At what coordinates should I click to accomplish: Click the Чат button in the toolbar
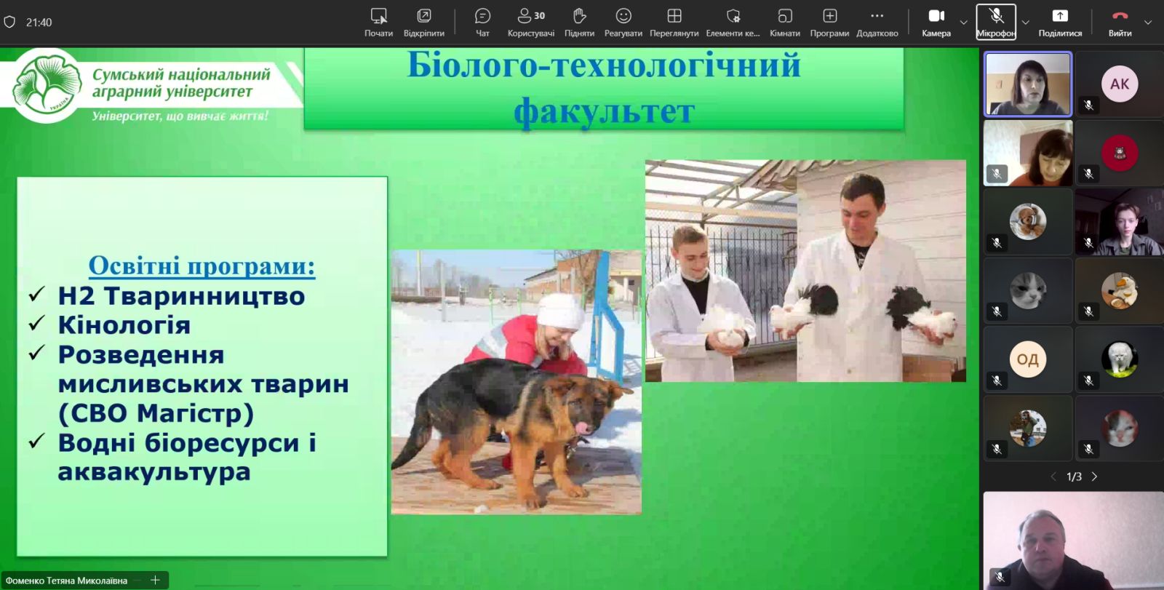pos(482,23)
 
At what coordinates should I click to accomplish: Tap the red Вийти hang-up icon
pos(1120,16)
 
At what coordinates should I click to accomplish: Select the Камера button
pos(936,23)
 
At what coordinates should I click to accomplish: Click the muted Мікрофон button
pos(996,22)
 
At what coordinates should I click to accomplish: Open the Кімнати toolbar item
pos(785,23)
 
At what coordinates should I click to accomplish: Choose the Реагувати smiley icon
pos(623,16)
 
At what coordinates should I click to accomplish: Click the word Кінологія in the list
pos(124,325)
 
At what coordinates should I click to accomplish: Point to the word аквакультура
pos(154,472)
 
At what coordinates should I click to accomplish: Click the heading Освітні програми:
pos(202,266)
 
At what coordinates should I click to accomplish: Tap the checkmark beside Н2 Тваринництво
pos(37,294)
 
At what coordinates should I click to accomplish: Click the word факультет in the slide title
pos(604,111)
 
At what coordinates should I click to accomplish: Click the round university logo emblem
pos(47,85)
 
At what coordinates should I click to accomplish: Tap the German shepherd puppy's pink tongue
pos(583,428)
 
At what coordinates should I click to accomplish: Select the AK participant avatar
pos(1120,84)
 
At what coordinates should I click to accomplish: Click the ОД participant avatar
pos(1027,359)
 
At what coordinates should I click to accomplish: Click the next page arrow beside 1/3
pos(1094,477)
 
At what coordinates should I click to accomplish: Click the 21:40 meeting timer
pos(39,23)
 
